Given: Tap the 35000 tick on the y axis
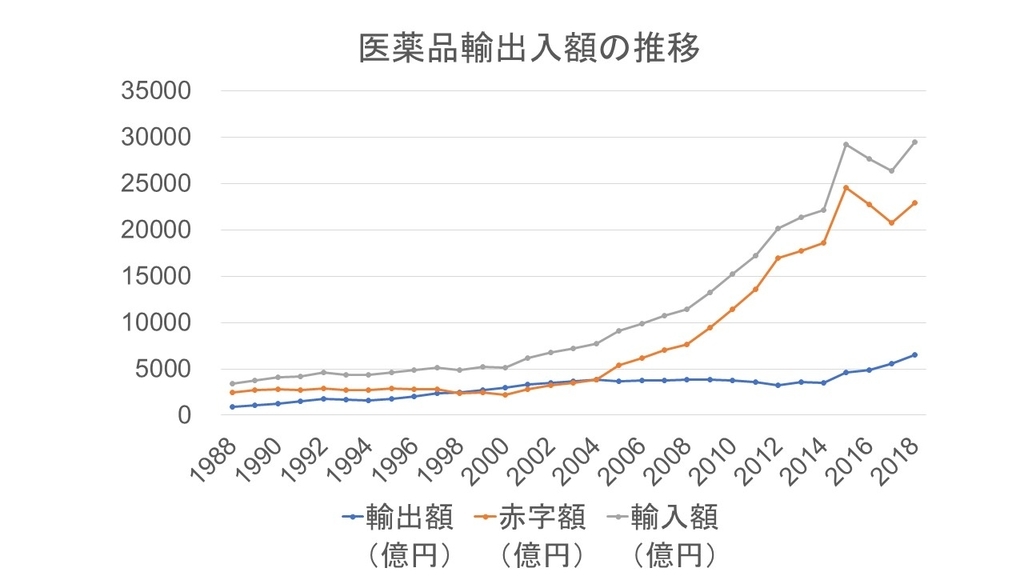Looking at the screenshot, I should click(155, 91).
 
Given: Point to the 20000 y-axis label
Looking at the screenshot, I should click(155, 230).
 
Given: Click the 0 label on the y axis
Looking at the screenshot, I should click(182, 415).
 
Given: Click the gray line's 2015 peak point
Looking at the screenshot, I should click(846, 144).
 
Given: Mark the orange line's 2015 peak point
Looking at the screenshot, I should click(846, 187).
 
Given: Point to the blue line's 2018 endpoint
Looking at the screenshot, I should click(914, 354).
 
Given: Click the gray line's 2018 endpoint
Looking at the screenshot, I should click(914, 142).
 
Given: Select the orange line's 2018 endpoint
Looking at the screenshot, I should click(914, 203).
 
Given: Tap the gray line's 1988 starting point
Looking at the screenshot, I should click(232, 384).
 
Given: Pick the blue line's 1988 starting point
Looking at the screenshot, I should click(232, 407).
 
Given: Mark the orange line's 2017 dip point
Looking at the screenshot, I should click(891, 222).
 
